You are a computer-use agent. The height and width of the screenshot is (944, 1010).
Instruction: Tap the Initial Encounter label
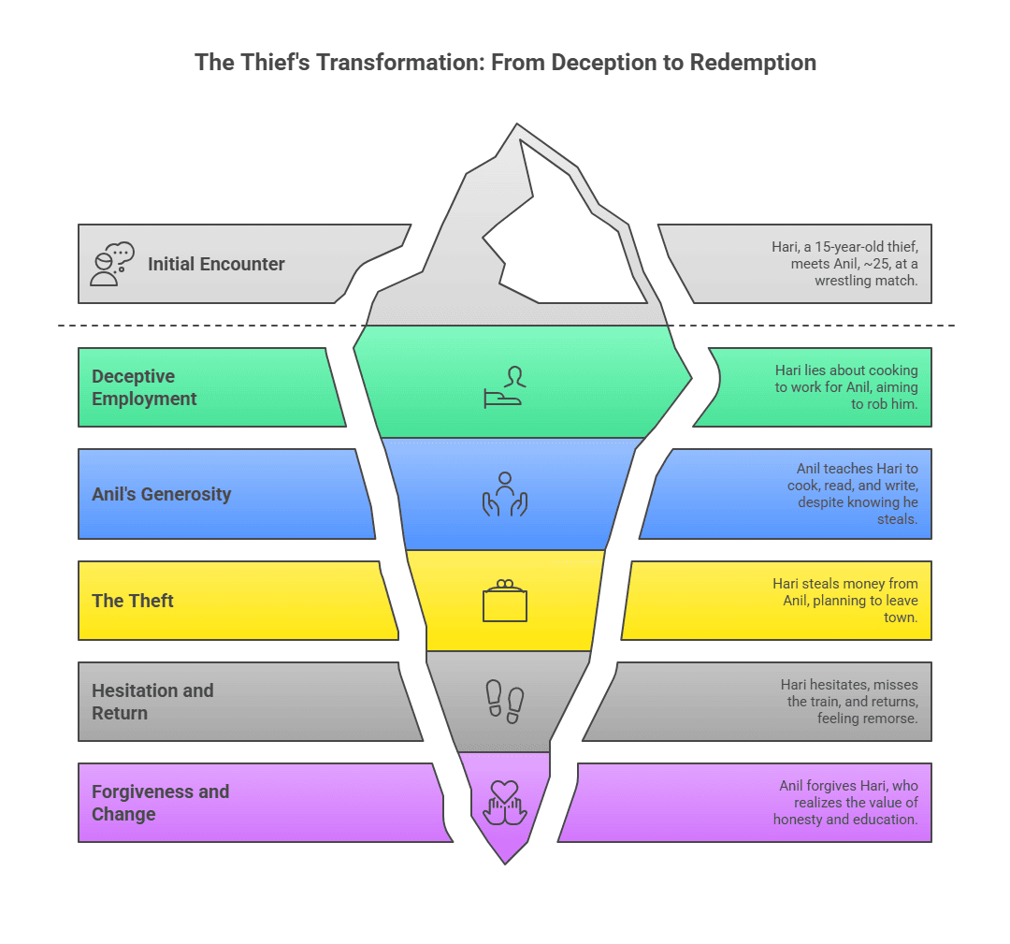click(x=216, y=264)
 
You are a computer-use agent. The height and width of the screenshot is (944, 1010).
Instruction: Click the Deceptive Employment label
click(x=144, y=387)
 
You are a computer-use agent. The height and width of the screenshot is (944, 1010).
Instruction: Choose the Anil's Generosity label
click(x=161, y=494)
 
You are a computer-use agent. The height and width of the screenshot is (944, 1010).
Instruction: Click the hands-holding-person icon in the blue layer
click(x=505, y=494)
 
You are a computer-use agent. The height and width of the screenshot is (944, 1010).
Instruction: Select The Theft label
click(x=133, y=601)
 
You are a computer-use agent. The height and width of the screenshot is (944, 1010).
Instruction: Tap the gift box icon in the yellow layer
click(x=505, y=602)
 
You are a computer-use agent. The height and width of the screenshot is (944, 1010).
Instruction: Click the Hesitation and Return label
click(x=152, y=702)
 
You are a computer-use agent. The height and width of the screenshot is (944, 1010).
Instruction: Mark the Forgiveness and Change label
click(x=160, y=803)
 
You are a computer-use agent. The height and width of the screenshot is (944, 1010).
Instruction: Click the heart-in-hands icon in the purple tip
click(x=505, y=803)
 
